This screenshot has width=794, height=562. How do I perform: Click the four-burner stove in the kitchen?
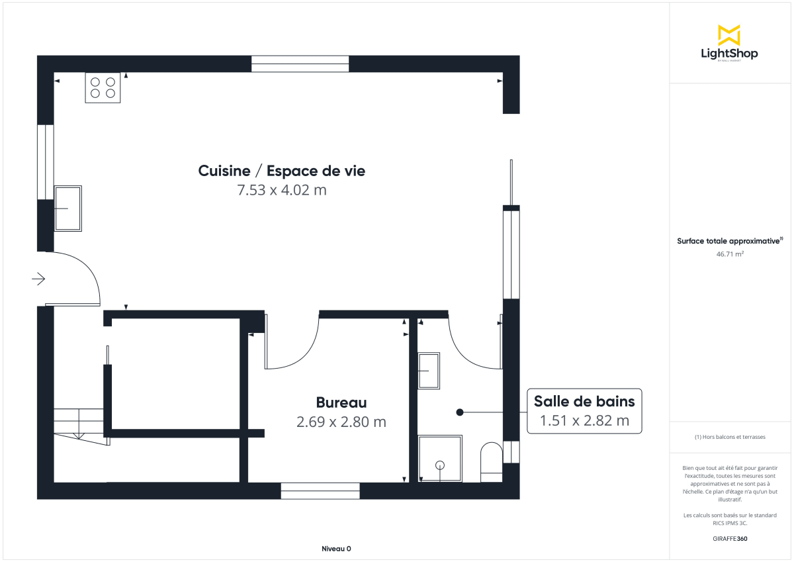pos(103,87)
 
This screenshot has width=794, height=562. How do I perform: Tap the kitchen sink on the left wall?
pos(67,208)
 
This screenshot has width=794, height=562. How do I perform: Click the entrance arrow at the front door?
pos(38,279)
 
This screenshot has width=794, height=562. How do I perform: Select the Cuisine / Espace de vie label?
pos(282,171)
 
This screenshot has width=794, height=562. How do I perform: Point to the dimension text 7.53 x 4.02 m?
pos(282,191)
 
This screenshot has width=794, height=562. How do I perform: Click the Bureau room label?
pos(341,402)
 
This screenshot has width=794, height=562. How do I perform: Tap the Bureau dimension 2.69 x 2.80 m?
pos(341,422)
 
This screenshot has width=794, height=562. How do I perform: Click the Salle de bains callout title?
pos(584,401)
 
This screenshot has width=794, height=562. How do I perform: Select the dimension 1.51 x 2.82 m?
pos(584,420)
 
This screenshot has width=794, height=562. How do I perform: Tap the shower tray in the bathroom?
pos(440,458)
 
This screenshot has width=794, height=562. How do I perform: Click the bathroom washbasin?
pos(429,371)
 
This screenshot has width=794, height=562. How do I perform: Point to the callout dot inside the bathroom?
pos(460,412)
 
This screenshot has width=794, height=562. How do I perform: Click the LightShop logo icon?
pos(729,35)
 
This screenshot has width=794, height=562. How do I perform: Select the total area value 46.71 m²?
pos(729,253)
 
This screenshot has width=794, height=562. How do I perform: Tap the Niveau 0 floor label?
pos(336,549)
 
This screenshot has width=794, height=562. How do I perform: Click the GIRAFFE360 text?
pos(729,539)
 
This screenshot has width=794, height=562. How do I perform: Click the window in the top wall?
pos(300,64)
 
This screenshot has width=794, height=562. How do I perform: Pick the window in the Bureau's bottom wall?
pos(320,491)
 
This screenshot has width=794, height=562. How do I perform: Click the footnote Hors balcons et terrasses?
pos(729,437)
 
